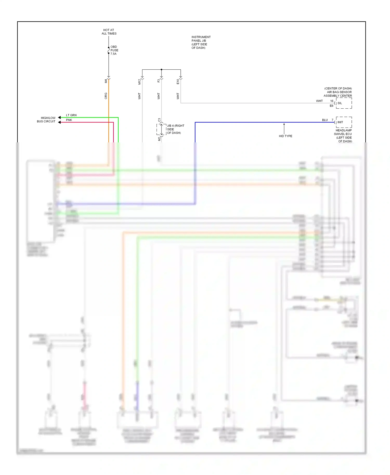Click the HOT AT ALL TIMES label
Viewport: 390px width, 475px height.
(109, 32)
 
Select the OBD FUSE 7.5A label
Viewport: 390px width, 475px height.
(114, 50)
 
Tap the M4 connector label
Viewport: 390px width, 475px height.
(106, 81)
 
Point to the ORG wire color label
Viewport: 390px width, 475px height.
(106, 96)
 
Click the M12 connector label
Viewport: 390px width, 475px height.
(139, 82)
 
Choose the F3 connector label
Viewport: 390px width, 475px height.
(159, 81)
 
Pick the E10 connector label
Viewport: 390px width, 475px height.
(178, 82)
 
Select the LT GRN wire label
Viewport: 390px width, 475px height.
(71, 115)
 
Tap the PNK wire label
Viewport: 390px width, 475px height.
(69, 120)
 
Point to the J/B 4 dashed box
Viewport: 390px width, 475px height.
(161, 129)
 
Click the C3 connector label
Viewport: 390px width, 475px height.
(159, 120)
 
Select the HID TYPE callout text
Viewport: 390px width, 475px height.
(285, 136)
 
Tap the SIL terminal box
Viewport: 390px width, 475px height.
(344, 103)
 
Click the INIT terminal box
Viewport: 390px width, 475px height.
(344, 122)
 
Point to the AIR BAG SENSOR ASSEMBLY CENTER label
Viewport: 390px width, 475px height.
(338, 92)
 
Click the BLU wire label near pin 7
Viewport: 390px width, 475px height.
(325, 120)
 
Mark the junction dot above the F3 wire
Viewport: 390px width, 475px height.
(161, 69)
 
